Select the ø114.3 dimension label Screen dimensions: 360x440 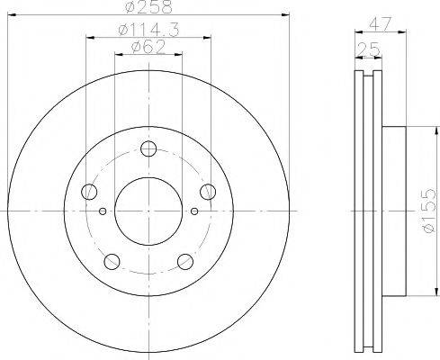pos(147,31)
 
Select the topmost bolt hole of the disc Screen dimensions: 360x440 pos(148,149)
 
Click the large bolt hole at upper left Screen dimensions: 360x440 pos(89,191)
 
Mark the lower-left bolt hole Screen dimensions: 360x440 pos(112,261)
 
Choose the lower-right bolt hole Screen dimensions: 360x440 pos(184,261)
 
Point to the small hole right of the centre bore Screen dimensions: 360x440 pos(193,211)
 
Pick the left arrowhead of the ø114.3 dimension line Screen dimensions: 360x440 pos(90,37)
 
